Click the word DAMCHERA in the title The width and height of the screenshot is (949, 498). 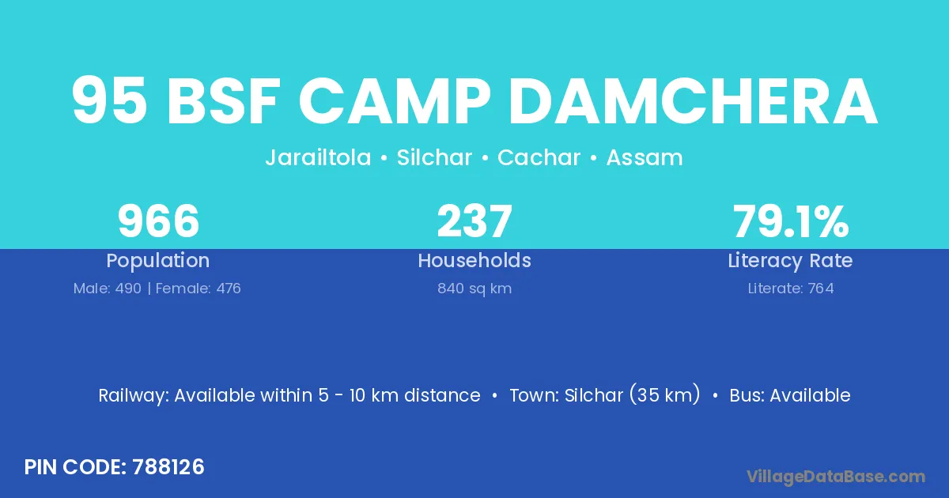(x=693, y=101)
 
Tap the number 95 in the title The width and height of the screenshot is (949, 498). (x=109, y=101)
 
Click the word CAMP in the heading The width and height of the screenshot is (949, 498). (x=395, y=101)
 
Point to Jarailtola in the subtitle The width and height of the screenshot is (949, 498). (x=318, y=157)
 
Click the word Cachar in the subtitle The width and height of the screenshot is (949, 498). (x=539, y=157)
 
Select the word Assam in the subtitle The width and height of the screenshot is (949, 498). (x=645, y=157)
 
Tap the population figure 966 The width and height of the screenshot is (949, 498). (x=158, y=221)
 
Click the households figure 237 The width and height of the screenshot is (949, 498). (x=475, y=221)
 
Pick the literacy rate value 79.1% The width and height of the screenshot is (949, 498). (x=791, y=221)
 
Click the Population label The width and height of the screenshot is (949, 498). (x=158, y=261)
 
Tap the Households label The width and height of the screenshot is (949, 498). (x=475, y=260)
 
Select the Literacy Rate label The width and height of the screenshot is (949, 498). (x=791, y=261)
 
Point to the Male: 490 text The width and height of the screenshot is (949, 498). (x=108, y=289)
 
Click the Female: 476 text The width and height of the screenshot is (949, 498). (x=198, y=289)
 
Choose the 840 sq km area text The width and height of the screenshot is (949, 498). (x=475, y=289)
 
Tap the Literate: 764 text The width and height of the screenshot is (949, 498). (x=791, y=289)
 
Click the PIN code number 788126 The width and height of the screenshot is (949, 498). (x=168, y=467)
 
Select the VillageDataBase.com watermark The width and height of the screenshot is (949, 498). (x=835, y=477)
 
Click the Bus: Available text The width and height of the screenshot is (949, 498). (x=790, y=395)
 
